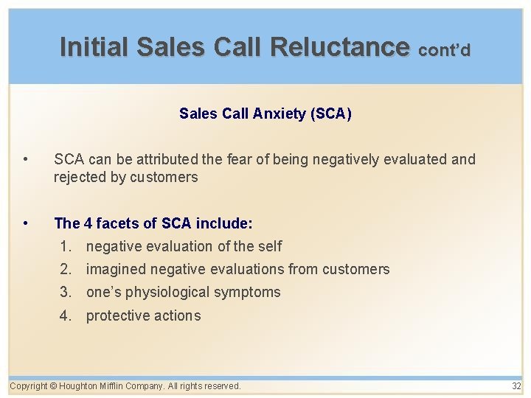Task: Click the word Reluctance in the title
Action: [339, 47]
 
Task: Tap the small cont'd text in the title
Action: [443, 50]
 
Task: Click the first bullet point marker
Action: [25, 159]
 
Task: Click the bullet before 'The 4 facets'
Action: [25, 223]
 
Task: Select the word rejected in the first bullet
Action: [78, 177]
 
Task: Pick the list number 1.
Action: [66, 246]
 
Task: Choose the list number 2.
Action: [66, 269]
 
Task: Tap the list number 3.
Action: [66, 292]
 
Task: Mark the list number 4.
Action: [66, 315]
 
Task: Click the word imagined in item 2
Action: [116, 269]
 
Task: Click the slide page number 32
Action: [516, 386]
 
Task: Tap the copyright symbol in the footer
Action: [54, 386]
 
